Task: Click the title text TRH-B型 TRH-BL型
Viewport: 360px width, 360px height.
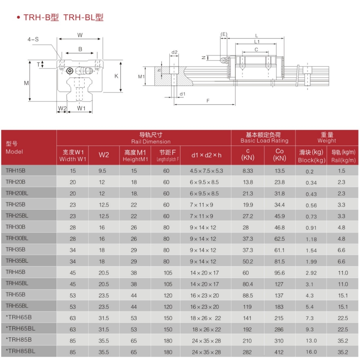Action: click(x=63, y=18)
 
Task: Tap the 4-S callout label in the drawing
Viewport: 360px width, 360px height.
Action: click(x=33, y=40)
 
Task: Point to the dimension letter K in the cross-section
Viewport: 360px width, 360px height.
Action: click(x=116, y=76)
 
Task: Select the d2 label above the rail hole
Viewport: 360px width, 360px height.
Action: click(x=174, y=52)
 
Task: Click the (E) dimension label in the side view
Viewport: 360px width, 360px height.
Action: click(x=224, y=34)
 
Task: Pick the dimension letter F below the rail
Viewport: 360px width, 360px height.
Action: click(x=208, y=101)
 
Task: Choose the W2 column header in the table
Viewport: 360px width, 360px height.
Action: click(x=104, y=155)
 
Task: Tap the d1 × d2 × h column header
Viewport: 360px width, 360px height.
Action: click(x=206, y=155)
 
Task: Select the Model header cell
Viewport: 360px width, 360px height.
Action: click(x=14, y=148)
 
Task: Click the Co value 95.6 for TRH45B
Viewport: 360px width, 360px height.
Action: click(x=279, y=273)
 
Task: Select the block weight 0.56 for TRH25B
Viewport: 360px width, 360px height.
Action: click(x=311, y=205)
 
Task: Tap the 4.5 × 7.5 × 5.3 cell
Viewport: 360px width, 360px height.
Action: click(x=206, y=171)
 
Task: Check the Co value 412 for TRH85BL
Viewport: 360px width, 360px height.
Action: click(x=279, y=352)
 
